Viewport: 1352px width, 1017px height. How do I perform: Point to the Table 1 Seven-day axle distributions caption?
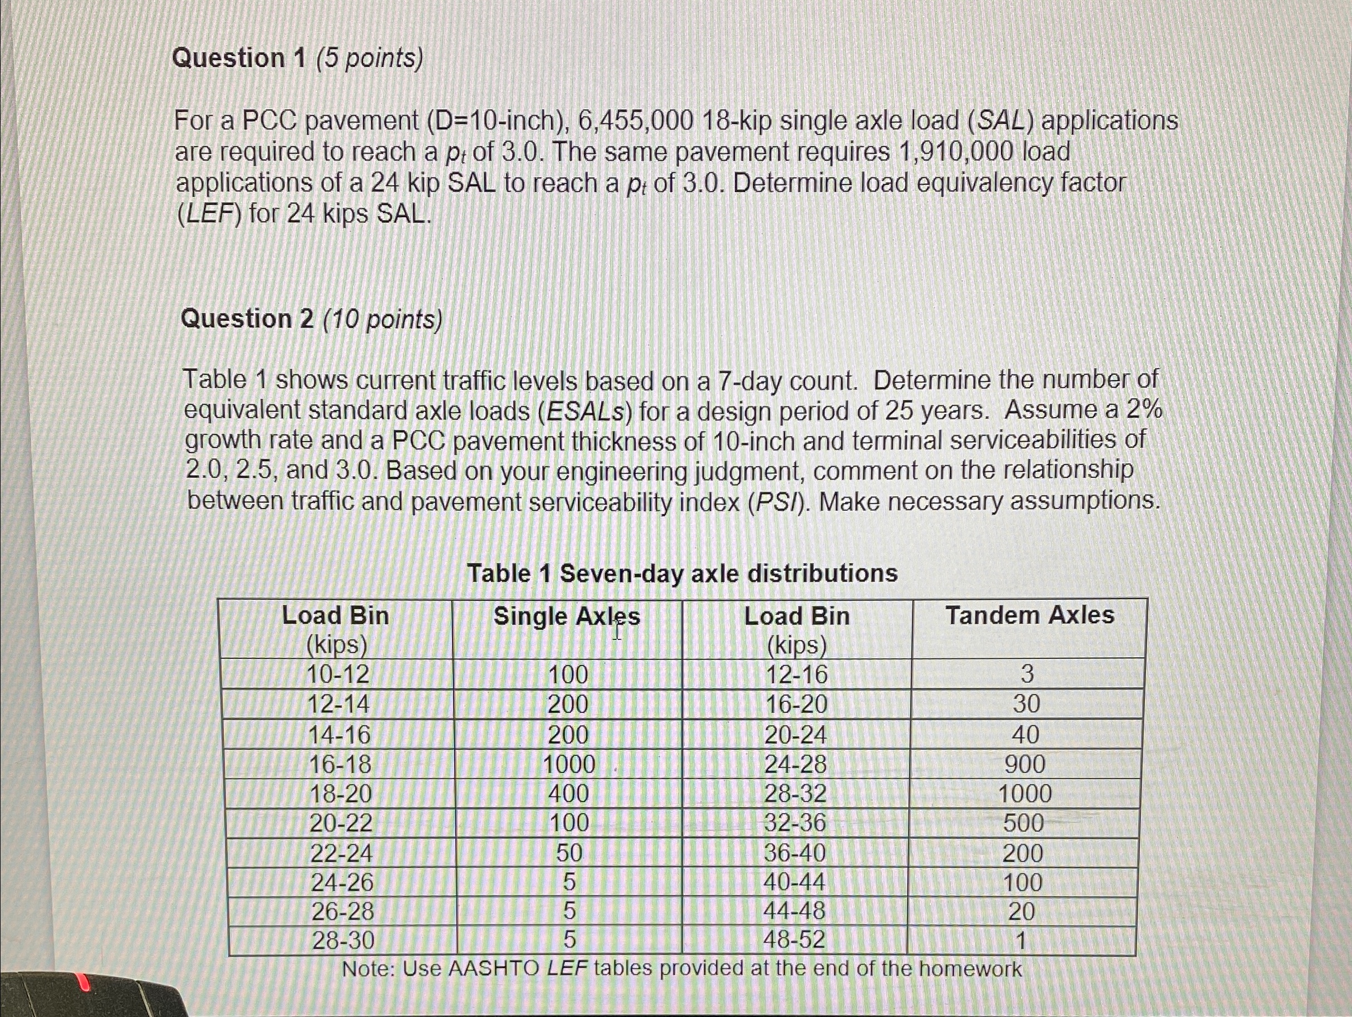coord(682,574)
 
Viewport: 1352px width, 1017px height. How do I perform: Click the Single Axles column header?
coord(567,617)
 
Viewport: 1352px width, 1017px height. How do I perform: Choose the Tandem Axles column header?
coord(1030,615)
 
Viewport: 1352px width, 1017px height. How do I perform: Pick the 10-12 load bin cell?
coord(338,674)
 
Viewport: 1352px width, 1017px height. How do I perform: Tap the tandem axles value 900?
coord(1025,764)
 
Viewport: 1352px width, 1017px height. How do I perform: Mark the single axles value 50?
coord(568,853)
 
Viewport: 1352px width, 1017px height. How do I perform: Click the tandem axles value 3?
coord(1027,674)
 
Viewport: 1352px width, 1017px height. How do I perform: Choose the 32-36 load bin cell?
coord(795,823)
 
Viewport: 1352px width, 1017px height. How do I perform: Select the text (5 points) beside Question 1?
coord(369,58)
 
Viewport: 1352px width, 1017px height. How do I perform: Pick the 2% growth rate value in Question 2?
coord(1144,410)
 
